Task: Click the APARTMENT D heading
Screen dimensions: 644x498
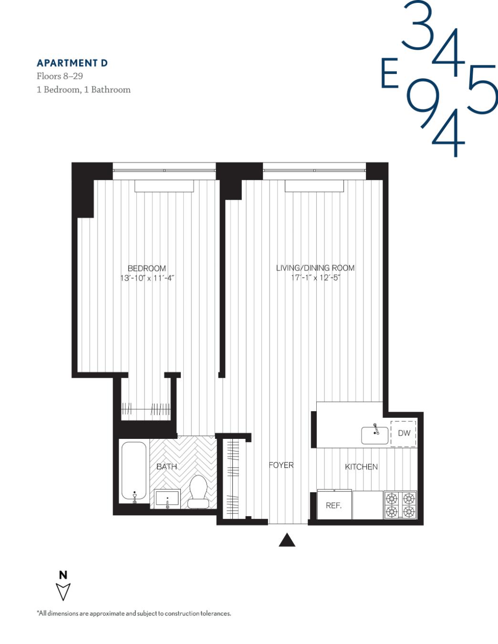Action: (x=72, y=63)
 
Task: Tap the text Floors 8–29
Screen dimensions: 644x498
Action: (x=60, y=76)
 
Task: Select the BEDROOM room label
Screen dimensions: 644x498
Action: (x=146, y=269)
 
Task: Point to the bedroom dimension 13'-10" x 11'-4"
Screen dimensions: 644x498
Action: (x=146, y=278)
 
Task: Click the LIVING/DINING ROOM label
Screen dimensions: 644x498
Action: (x=315, y=268)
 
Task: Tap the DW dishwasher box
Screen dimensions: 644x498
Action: (x=404, y=433)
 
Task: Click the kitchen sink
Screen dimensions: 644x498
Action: (x=374, y=435)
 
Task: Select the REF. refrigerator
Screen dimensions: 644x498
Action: (x=333, y=506)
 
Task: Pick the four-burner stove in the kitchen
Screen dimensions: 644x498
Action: (x=400, y=505)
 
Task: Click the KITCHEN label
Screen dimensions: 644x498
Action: (x=361, y=467)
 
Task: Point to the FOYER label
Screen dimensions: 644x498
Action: (x=281, y=465)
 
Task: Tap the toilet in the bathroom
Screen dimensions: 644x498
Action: (x=197, y=491)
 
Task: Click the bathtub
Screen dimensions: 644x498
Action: (x=134, y=471)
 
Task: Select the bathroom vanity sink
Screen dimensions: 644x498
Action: (x=167, y=499)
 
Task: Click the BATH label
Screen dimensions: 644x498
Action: (x=166, y=467)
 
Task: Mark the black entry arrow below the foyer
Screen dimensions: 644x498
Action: (x=287, y=540)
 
